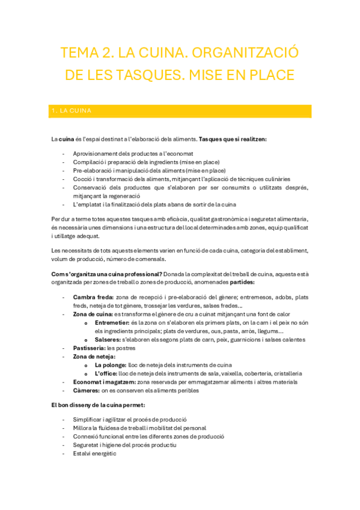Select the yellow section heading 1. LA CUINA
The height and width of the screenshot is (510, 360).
[x=71, y=111]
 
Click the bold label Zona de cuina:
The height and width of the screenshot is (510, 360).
[x=93, y=314]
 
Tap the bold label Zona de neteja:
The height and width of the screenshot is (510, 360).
[x=94, y=357]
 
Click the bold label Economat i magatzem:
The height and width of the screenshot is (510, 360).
[x=104, y=382]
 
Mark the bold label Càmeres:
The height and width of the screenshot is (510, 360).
[x=86, y=390]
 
